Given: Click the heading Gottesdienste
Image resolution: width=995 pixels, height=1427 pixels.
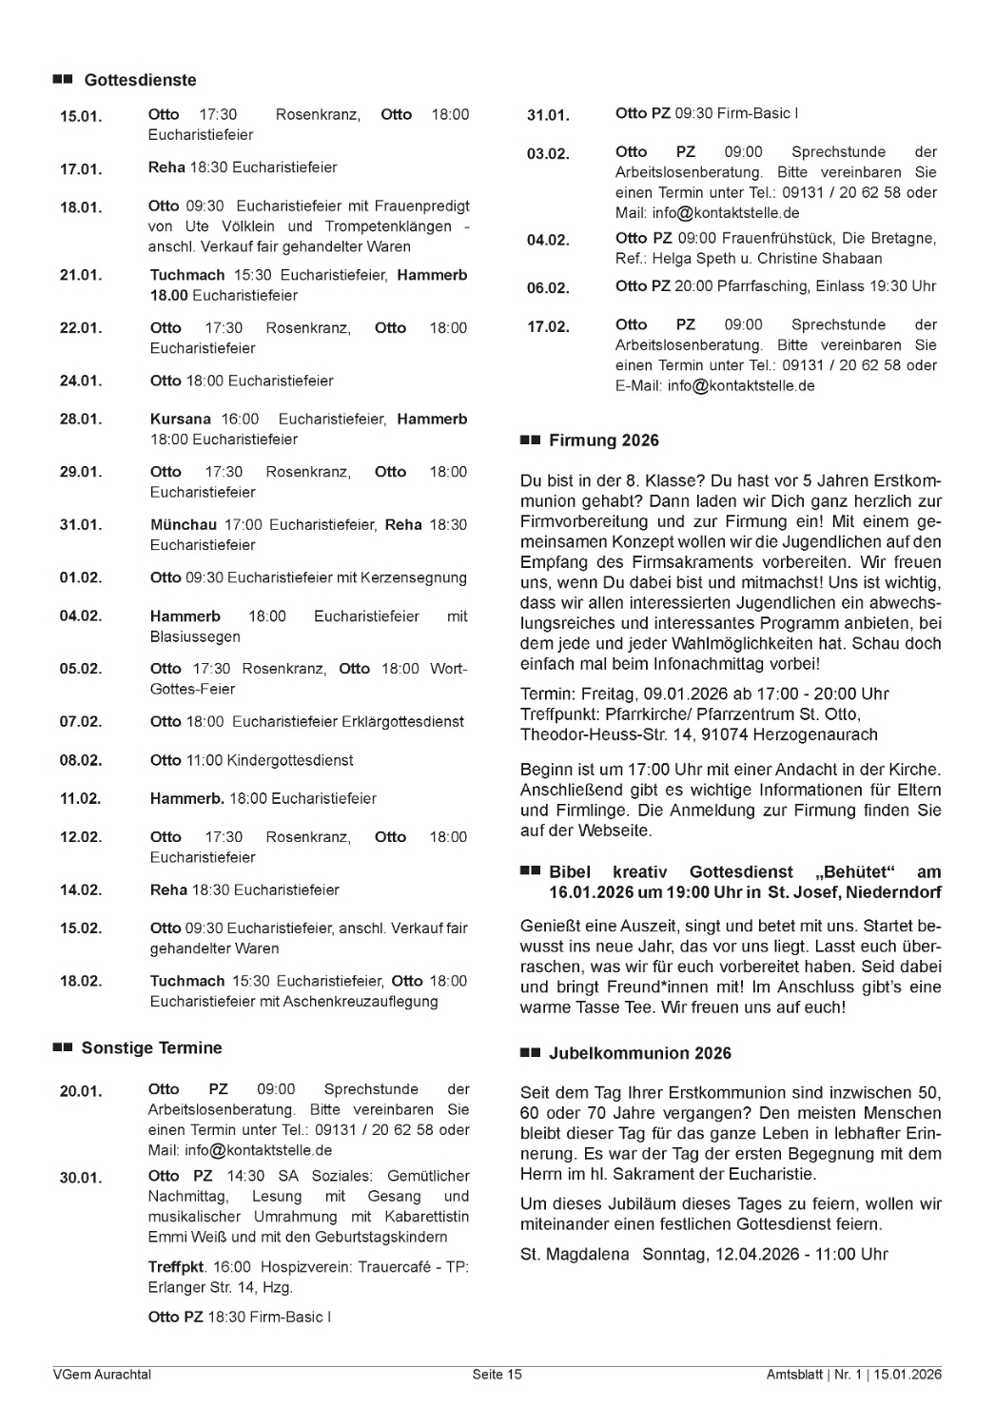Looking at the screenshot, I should pos(140,80).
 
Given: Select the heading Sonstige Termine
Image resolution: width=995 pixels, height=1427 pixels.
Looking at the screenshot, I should pos(151,1047).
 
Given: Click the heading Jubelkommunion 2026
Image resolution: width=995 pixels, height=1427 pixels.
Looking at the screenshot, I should pos(640,1053).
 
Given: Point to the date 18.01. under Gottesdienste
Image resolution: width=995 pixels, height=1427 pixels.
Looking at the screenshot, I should pos(81,207).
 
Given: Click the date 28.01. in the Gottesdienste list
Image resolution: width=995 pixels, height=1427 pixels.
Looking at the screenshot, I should pos(81,420).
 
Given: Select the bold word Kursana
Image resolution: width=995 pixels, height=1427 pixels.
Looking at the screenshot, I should pos(181,419).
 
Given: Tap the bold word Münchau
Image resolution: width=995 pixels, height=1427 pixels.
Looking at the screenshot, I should pos(184,524).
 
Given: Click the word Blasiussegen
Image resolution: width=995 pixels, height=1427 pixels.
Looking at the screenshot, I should pos(195,636).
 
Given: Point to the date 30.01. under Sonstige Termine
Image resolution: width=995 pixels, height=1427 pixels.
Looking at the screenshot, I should pos(81,1178).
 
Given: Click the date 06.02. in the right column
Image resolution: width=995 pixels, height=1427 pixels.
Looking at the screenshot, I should pos(548,288).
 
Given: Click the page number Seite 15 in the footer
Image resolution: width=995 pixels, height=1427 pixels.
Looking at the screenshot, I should pos(497,1374).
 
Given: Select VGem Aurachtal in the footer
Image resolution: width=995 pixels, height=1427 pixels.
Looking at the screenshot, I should pos(102,1374).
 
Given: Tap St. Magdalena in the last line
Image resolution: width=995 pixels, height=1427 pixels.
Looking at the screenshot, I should pos(575,1254).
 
